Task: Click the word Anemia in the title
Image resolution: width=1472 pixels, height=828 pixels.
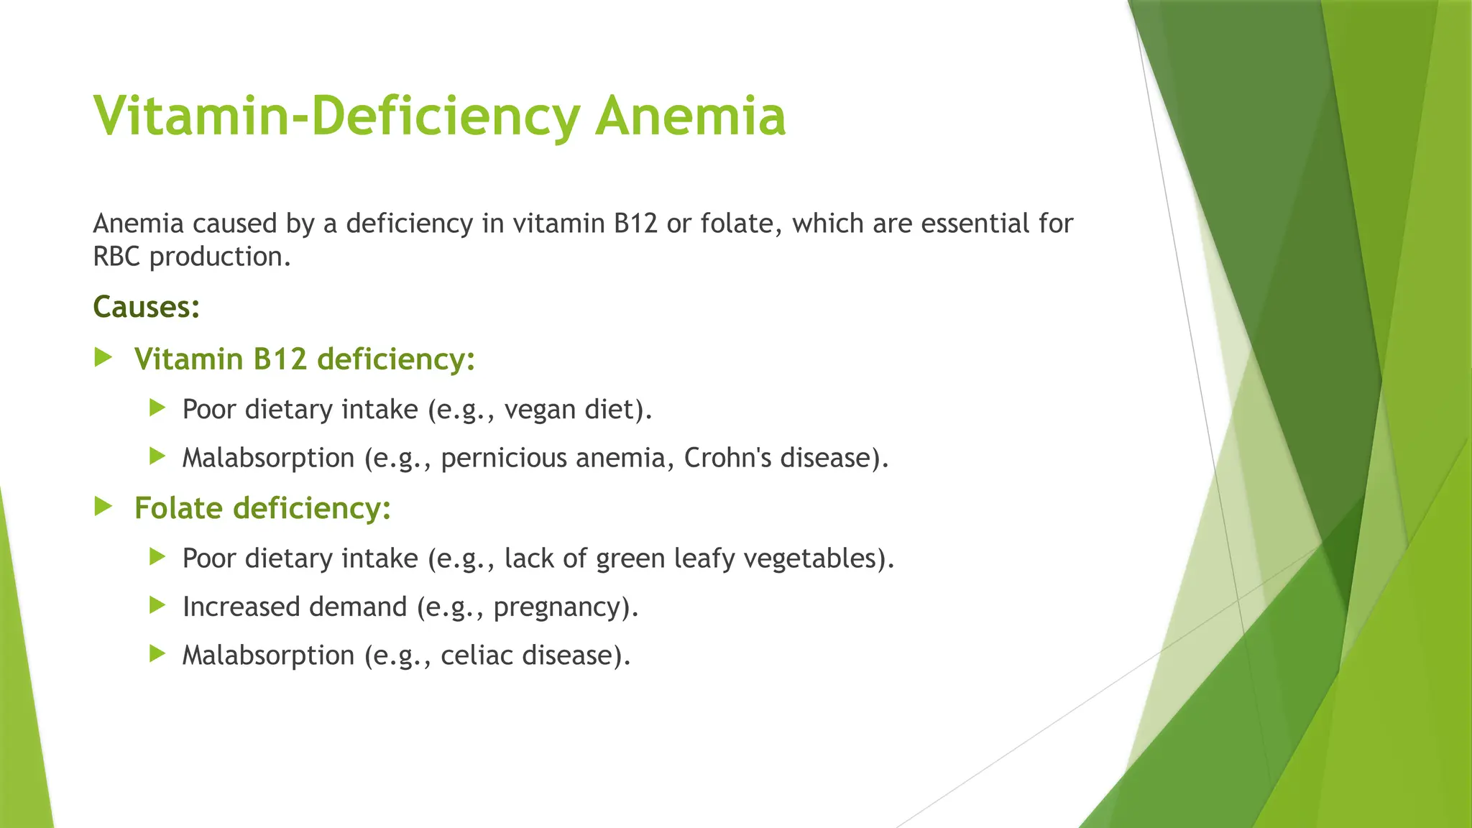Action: (x=690, y=116)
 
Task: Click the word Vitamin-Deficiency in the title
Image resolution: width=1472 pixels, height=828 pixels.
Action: (x=336, y=116)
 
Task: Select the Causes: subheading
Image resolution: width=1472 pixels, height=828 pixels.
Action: (x=146, y=307)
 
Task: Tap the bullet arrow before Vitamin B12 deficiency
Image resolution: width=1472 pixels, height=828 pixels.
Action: (x=103, y=357)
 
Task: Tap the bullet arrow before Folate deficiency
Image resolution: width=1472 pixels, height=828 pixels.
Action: (x=103, y=507)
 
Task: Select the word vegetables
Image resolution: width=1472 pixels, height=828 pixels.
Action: (x=809, y=558)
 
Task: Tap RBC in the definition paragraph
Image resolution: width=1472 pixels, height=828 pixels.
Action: (x=116, y=257)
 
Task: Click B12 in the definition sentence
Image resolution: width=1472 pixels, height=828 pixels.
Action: (x=635, y=224)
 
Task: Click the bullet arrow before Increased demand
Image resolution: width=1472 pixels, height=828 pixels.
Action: (x=157, y=605)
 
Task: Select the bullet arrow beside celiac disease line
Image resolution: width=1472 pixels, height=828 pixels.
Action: (x=157, y=653)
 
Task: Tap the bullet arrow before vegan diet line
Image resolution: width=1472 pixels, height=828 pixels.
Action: (x=157, y=408)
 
